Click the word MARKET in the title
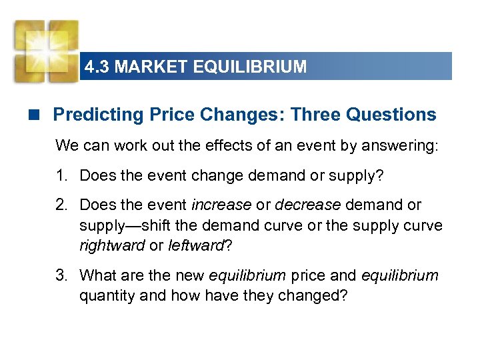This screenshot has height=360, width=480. click(x=144, y=67)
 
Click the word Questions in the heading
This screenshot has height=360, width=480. click(x=392, y=115)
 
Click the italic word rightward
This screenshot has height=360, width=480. click(x=112, y=245)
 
